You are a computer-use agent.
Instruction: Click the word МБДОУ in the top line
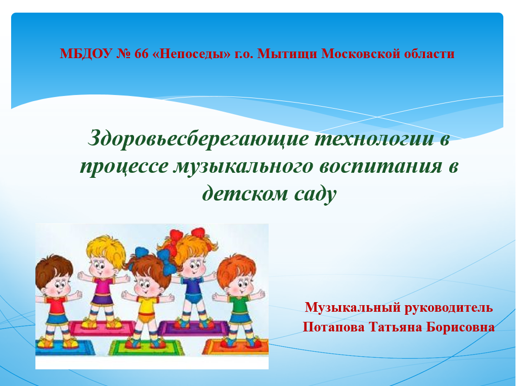click(86, 54)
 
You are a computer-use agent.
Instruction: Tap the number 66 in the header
click(142, 54)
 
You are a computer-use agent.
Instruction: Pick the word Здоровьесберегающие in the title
click(198, 139)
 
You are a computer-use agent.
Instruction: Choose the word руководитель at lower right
click(448, 307)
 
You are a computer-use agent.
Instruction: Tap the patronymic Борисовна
click(460, 327)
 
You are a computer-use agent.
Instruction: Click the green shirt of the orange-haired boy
click(239, 305)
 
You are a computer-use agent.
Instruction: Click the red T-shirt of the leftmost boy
click(56, 305)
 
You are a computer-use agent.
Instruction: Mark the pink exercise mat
click(102, 328)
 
